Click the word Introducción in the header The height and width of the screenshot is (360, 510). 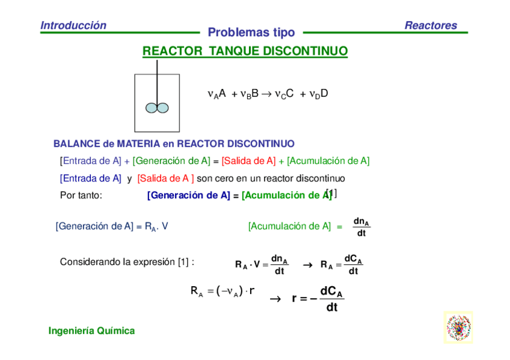point(73,25)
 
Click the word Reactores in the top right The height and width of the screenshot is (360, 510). point(431,25)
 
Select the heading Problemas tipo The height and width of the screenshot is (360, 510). point(251,32)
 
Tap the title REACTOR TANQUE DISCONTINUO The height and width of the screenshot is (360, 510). point(245,51)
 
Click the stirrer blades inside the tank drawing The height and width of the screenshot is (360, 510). point(157,108)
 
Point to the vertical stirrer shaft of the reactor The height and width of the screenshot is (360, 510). point(157,81)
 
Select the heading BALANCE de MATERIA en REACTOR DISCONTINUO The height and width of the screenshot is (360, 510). point(174,144)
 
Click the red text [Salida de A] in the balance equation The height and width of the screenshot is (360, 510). point(248,160)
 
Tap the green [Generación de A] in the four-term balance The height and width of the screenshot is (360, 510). point(171,160)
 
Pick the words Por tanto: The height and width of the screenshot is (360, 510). point(81,195)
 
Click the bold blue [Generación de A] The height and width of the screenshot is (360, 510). point(188,195)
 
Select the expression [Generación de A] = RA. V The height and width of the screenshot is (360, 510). point(112,226)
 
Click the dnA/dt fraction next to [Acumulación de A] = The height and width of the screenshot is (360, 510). point(361,227)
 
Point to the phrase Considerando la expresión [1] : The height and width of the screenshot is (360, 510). point(127,262)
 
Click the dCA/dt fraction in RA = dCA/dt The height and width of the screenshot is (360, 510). point(353,265)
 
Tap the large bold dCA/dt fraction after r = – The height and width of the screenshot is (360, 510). point(331,299)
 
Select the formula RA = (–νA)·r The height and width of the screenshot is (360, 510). point(223,292)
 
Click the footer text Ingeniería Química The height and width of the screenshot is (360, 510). point(91,331)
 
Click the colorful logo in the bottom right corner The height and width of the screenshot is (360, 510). point(458,327)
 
